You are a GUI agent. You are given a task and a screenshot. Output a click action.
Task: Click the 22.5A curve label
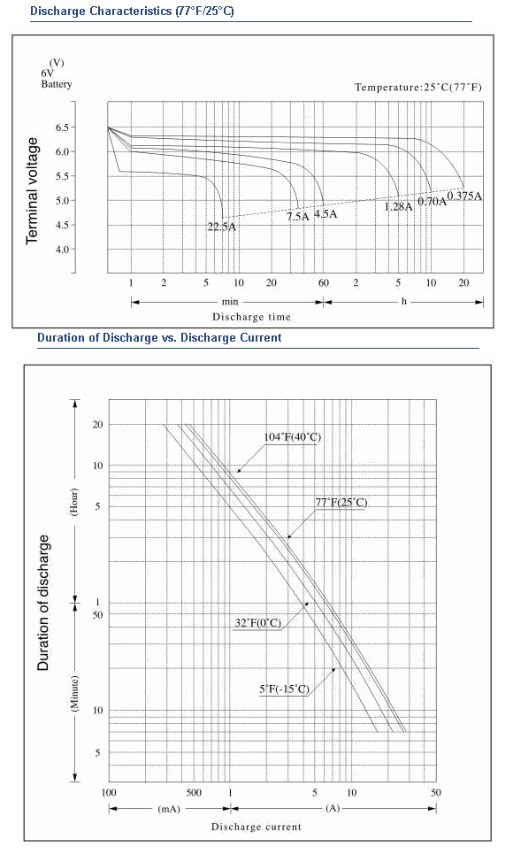tap(222, 227)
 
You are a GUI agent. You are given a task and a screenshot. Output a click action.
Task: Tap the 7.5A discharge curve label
tap(298, 217)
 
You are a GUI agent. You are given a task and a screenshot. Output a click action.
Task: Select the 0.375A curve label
tap(464, 196)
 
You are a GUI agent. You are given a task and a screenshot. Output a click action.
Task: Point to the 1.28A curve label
tap(399, 206)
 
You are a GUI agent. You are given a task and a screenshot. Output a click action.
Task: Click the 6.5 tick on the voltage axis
tap(62, 127)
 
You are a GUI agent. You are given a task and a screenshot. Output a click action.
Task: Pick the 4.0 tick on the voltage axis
tap(62, 250)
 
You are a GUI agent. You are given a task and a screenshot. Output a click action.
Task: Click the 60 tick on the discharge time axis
tap(324, 283)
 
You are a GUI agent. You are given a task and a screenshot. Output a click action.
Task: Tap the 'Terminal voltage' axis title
tap(33, 191)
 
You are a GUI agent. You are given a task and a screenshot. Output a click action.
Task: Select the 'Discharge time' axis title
tap(251, 317)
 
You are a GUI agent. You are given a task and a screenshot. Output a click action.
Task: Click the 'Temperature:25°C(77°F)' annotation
tap(418, 88)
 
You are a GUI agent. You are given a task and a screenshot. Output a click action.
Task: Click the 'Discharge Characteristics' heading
tap(102, 11)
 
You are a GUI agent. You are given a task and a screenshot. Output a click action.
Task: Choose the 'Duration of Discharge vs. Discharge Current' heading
tap(159, 337)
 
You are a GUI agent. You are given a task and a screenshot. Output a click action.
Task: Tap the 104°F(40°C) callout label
tap(293, 437)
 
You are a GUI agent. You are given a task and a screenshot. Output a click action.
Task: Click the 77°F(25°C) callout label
tap(341, 503)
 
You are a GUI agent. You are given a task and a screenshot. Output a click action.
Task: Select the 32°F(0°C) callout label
tap(258, 623)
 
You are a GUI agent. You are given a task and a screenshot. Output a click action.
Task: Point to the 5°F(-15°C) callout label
tap(285, 689)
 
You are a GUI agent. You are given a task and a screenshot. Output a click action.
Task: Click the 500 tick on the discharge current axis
tap(194, 792)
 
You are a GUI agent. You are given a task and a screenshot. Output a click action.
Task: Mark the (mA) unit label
tap(168, 809)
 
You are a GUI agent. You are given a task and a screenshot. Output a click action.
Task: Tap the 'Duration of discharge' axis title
tap(43, 603)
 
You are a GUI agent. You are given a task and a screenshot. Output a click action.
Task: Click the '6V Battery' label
tap(56, 78)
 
